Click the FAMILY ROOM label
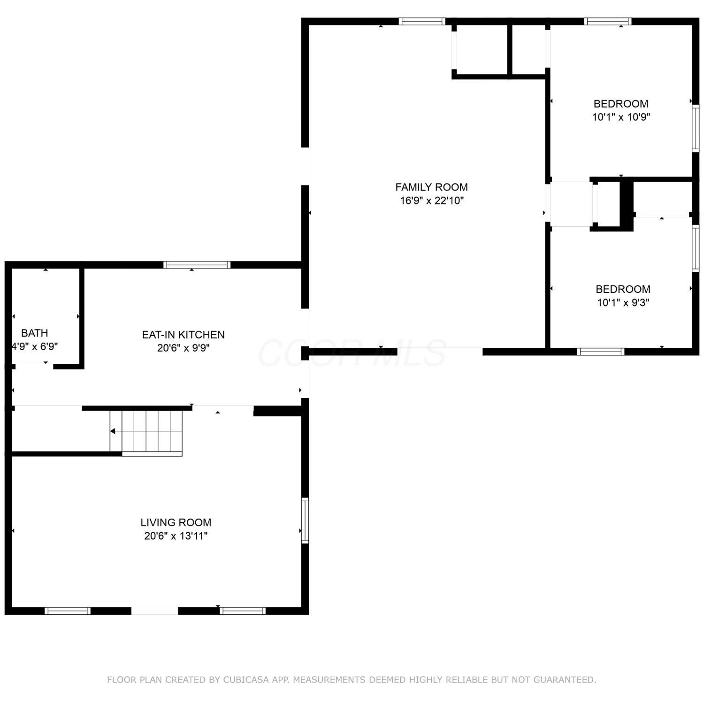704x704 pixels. pos(431,187)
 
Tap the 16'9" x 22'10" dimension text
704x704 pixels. pos(432,201)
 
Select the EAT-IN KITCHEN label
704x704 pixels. pos(184,335)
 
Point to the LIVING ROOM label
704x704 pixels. pos(176,522)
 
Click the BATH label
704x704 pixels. pos(35,333)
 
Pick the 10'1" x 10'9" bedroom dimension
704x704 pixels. pos(621,117)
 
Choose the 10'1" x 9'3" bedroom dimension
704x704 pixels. pos(623,303)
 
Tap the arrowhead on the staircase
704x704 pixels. pos(113,431)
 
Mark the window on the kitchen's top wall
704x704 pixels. pos(197,265)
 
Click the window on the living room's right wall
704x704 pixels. pos(305,520)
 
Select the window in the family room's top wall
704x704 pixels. pos(422,21)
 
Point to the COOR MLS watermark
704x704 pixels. pos(352,353)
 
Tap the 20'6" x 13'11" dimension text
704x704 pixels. pos(176,536)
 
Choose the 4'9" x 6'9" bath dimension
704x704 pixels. pos(35,347)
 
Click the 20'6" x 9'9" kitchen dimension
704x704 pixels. pos(184,348)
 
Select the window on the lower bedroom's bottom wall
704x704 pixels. pos(601,352)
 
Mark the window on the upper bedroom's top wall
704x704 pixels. pos(608,21)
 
